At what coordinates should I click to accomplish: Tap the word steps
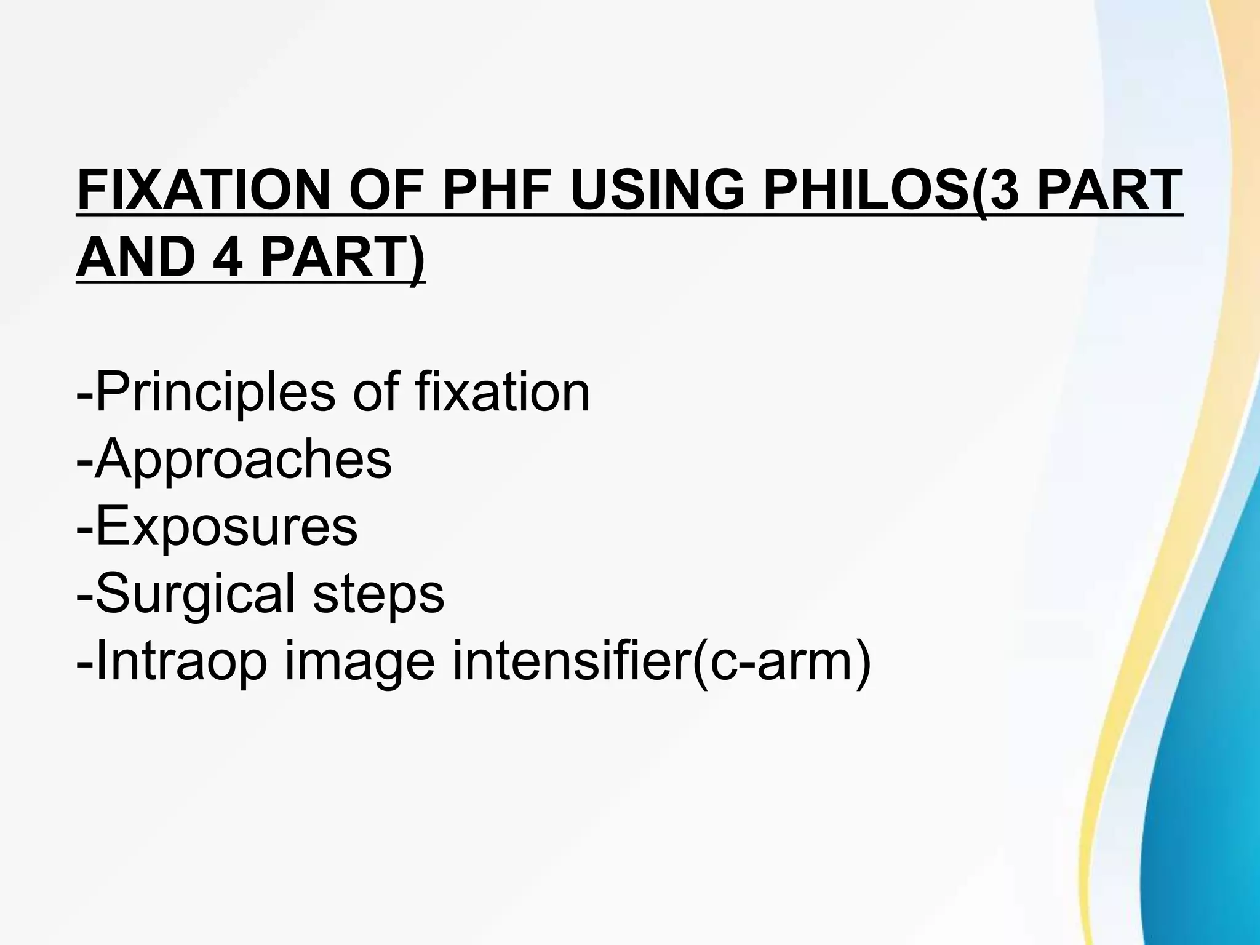click(378, 596)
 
